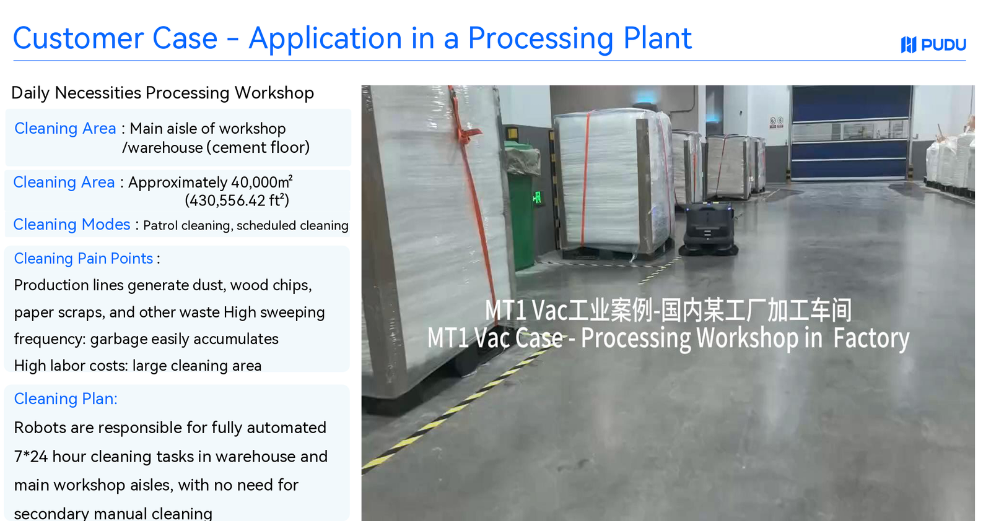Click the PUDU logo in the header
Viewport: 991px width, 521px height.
(x=933, y=45)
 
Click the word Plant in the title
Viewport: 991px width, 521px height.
(x=657, y=38)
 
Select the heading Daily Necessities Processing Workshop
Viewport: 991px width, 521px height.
(x=162, y=93)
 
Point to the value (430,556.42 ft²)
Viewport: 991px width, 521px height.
(x=237, y=200)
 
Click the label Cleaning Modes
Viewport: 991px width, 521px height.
(x=72, y=225)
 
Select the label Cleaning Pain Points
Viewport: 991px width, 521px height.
(x=84, y=259)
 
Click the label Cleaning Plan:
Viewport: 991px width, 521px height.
(x=66, y=399)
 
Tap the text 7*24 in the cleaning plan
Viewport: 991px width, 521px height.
(x=30, y=457)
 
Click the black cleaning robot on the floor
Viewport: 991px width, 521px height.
(x=709, y=230)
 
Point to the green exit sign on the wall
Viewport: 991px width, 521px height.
(x=536, y=197)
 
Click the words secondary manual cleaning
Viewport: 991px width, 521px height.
(x=113, y=513)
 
